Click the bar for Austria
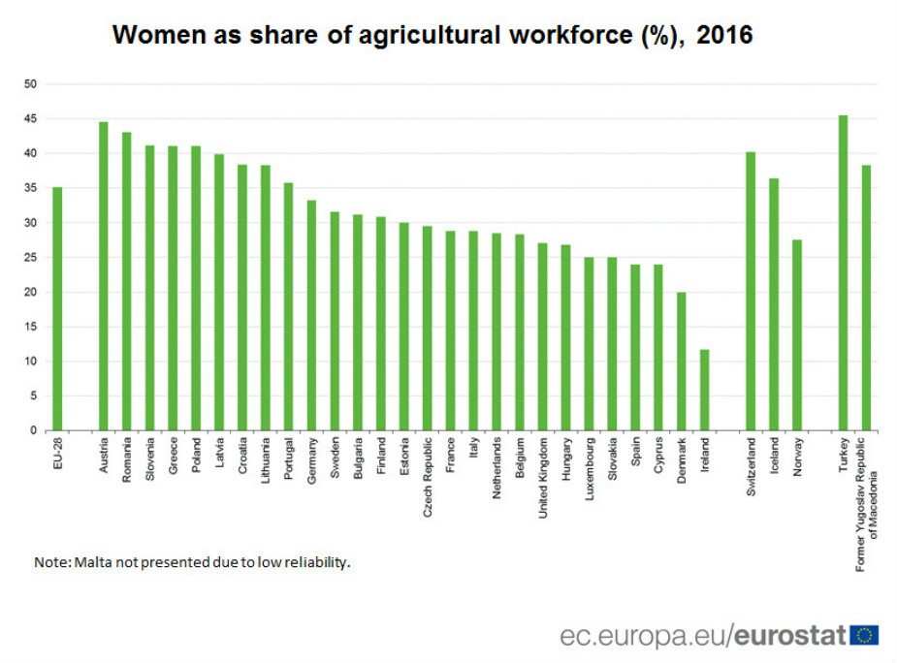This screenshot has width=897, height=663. pyautogui.click(x=104, y=276)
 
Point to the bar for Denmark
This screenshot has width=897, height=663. pyautogui.click(x=682, y=361)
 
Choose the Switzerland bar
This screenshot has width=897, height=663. pyautogui.click(x=751, y=291)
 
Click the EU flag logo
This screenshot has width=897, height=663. pyautogui.click(x=864, y=636)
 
